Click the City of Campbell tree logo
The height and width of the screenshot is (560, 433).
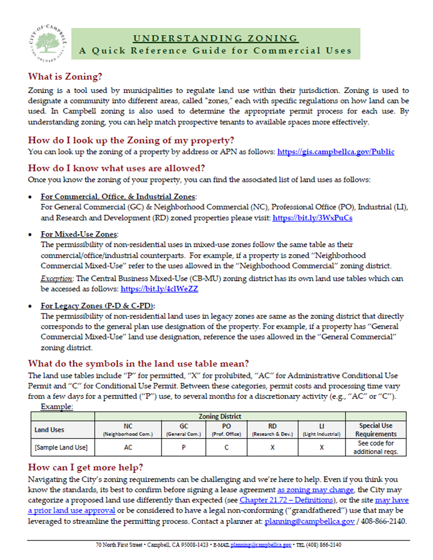(x=48, y=43)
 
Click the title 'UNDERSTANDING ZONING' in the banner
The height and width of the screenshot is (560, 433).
(x=215, y=38)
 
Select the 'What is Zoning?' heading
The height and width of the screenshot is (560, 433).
(x=65, y=77)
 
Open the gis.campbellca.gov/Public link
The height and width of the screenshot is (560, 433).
(x=336, y=152)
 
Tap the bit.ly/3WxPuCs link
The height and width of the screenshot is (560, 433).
(x=312, y=218)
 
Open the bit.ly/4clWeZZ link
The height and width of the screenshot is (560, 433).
(x=159, y=289)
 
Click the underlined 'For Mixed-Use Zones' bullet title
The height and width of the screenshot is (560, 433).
(x=79, y=234)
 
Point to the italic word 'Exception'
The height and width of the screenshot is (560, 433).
(x=56, y=279)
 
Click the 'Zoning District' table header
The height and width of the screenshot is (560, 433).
(x=220, y=416)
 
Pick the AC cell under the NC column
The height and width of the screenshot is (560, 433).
(x=128, y=447)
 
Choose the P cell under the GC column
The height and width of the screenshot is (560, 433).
(x=183, y=447)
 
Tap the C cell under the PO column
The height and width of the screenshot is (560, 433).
(x=227, y=447)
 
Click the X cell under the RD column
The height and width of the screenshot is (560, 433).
(x=272, y=447)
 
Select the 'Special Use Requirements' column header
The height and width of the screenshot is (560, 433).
(x=376, y=430)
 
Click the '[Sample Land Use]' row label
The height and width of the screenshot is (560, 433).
(x=61, y=447)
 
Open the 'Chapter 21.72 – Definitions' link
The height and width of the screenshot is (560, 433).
(x=286, y=500)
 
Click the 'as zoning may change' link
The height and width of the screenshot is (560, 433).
(x=315, y=490)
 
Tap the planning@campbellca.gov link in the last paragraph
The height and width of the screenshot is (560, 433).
(x=309, y=521)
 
